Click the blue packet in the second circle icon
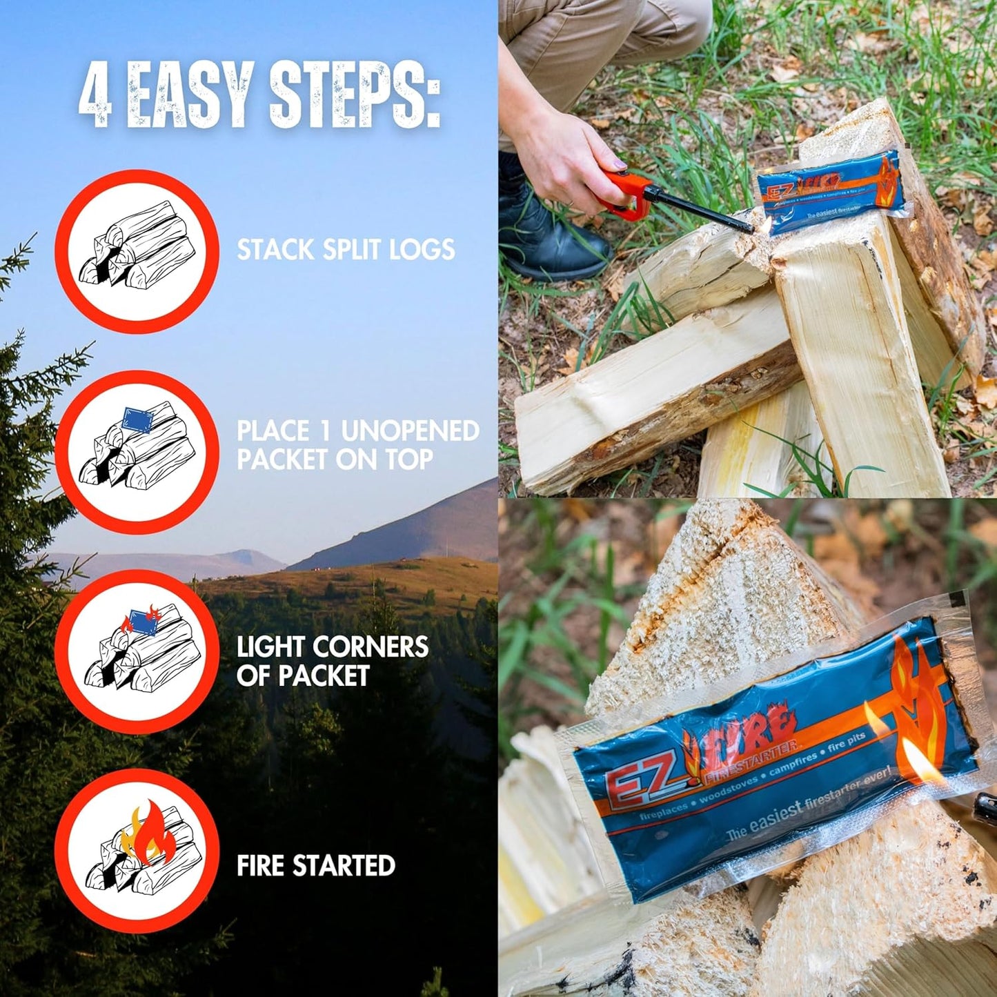pos(137,419)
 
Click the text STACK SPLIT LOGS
pos(345,250)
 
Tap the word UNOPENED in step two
pos(410,431)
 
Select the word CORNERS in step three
pos(370,647)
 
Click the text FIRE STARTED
pos(315,866)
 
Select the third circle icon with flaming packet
pos(137,651)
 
